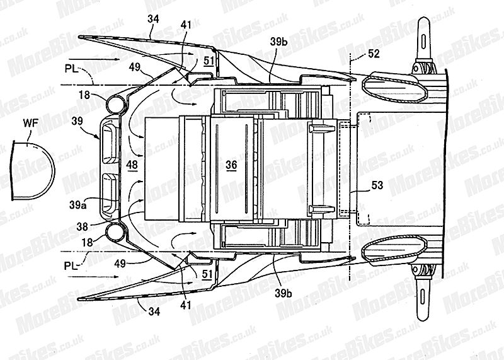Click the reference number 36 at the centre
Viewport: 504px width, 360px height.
[231, 165]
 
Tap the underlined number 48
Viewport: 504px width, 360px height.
[132, 165]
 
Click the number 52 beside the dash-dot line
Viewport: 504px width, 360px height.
[374, 54]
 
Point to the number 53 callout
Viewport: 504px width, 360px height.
[377, 185]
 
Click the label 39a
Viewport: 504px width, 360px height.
[77, 205]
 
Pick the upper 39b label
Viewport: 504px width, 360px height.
[278, 42]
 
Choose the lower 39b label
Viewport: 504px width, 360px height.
[283, 293]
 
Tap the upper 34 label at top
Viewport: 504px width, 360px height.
[153, 19]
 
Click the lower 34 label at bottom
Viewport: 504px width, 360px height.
[154, 311]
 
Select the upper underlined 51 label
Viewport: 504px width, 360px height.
[209, 61]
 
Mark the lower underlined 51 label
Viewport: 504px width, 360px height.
[207, 274]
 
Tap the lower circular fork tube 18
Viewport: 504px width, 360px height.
[116, 232]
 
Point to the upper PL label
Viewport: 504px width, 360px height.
[71, 69]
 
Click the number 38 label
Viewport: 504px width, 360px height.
[83, 227]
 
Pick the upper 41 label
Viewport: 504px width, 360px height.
[185, 25]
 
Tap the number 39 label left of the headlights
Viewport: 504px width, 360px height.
[77, 121]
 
